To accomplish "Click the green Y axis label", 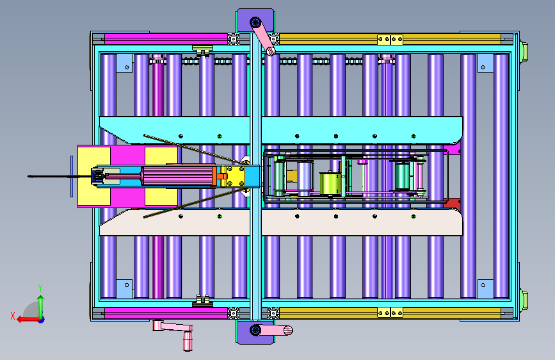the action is tap(40, 288).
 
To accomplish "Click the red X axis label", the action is tap(13, 316).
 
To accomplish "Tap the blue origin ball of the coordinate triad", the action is tap(42, 320).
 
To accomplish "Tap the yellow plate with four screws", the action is tap(236, 176).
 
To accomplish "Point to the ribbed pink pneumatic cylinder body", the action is tap(178, 176).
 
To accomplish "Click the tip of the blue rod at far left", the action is tap(29, 176).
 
